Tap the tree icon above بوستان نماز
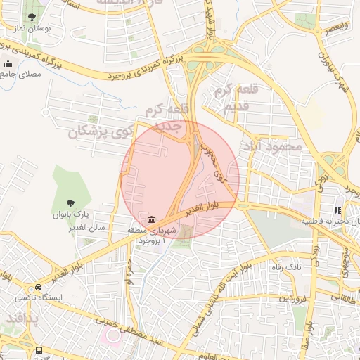[32, 15]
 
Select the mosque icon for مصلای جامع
[8, 65]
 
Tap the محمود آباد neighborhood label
[271, 147]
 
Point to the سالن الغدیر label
[67, 229]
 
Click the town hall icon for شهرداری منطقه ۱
[152, 218]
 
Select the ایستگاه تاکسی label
[39, 297]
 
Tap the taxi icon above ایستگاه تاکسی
[38, 287]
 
